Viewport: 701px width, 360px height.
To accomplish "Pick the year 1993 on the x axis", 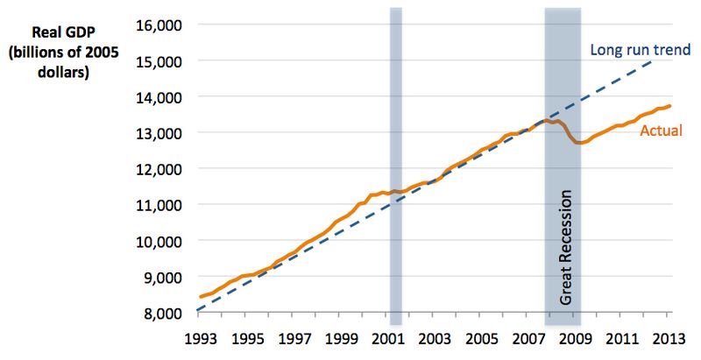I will click(x=199, y=337).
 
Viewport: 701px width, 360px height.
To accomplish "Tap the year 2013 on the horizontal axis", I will click(x=669, y=337).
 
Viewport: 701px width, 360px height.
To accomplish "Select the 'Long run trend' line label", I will click(x=640, y=49).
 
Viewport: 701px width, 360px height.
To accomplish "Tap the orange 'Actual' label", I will click(x=662, y=131).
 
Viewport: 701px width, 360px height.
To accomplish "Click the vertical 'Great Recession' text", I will click(x=565, y=247).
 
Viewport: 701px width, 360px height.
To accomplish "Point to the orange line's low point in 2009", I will click(x=580, y=143).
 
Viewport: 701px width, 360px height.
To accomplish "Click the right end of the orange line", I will click(x=670, y=106).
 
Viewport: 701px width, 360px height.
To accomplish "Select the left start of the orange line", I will click(x=201, y=297).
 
